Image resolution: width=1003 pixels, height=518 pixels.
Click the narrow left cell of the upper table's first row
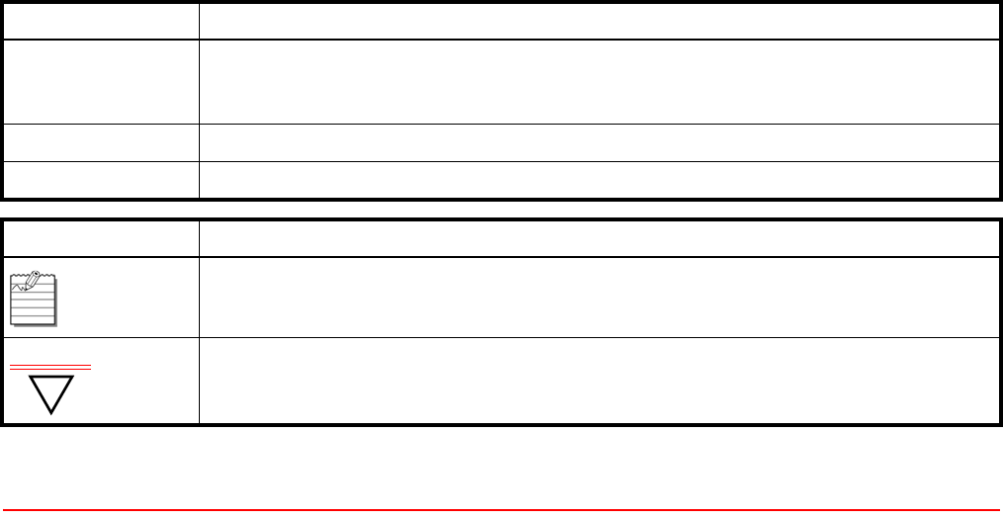click(100, 20)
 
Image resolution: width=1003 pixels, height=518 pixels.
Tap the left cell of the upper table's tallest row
click(100, 81)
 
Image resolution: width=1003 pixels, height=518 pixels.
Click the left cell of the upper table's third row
click(100, 142)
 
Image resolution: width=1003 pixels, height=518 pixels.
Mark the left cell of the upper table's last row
click(100, 180)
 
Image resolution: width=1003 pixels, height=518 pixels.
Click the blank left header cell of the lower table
click(100, 238)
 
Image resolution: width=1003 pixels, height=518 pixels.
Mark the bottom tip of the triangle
click(50, 412)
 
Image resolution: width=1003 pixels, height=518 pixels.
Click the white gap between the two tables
click(501, 209)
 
